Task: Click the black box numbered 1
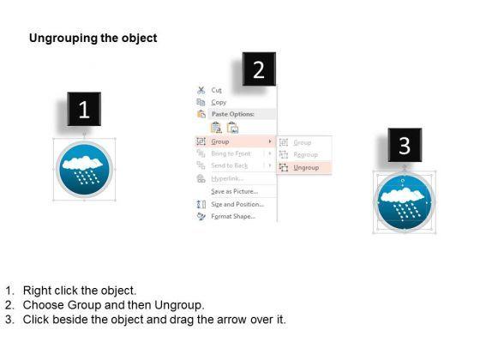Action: tap(84, 109)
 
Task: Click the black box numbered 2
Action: tap(259, 69)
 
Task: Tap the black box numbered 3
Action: tap(405, 145)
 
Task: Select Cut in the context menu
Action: tap(216, 90)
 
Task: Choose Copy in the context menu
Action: tap(219, 102)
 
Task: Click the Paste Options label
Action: tap(233, 114)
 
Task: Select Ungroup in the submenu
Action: tap(306, 168)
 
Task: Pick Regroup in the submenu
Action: tap(305, 155)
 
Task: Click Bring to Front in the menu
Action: tap(231, 153)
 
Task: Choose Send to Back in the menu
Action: tap(230, 165)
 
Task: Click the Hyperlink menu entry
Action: tap(227, 178)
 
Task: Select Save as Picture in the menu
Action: tap(235, 192)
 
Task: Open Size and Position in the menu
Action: tap(237, 204)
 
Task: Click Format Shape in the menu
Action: tap(233, 216)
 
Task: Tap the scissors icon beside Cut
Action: tap(201, 90)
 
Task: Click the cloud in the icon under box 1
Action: tap(82, 163)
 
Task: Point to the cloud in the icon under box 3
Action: tap(402, 195)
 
